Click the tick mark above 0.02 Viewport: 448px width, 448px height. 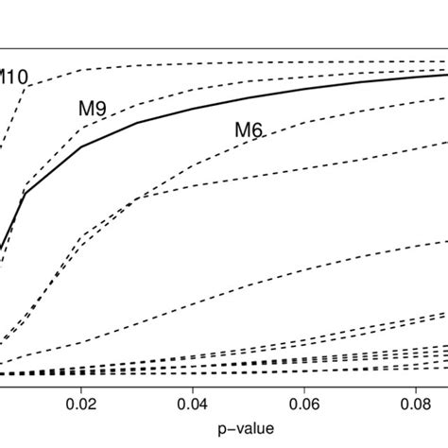82,384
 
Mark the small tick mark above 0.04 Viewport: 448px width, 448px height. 193,384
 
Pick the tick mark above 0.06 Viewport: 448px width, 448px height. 303,384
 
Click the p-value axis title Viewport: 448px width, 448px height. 249,430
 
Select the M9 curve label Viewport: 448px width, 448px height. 92,110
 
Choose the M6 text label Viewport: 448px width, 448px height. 248,130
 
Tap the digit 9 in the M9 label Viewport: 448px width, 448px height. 99,110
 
